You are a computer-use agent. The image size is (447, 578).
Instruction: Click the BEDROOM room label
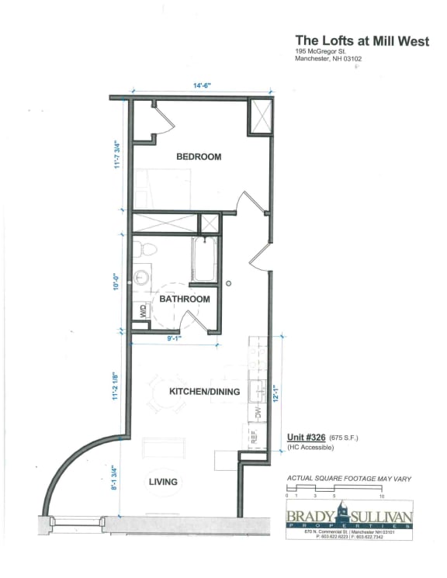pos(199,157)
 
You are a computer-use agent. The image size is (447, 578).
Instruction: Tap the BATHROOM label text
pos(185,299)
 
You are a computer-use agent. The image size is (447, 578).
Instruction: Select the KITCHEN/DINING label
pos(204,392)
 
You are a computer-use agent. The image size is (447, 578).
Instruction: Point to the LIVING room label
pos(163,482)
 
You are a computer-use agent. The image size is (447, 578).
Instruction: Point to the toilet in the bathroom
pos(144,250)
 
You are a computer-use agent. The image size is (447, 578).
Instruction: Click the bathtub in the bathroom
pos(205,259)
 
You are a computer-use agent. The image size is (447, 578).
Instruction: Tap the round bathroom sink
pos(143,277)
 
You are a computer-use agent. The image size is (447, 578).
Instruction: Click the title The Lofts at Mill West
pos(361,40)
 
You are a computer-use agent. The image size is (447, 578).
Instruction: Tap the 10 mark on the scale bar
pos(382,496)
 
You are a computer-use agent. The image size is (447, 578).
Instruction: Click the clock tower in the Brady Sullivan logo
pos(342,513)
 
